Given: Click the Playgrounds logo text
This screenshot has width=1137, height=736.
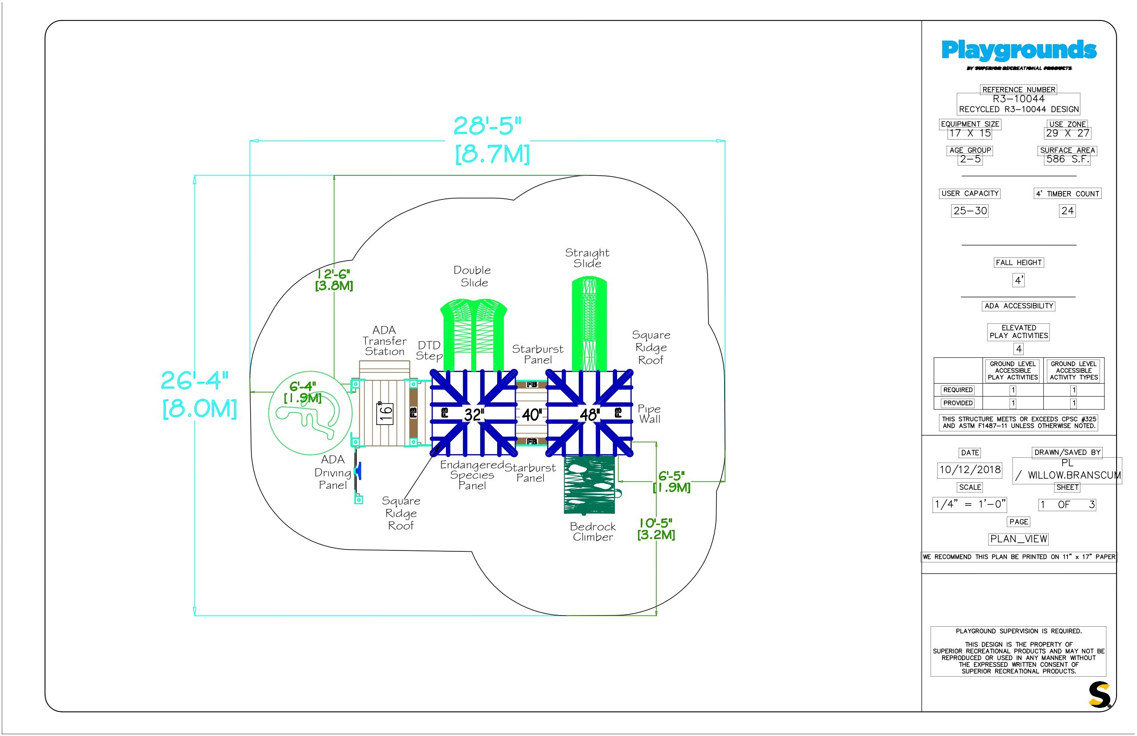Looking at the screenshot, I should pos(1018,50).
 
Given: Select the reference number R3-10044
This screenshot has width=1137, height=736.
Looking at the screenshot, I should pos(1018,99).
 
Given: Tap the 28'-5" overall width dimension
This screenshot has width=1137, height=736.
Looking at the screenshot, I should pos(487,126).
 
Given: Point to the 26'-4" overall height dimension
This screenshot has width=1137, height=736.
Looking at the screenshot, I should pos(194,381).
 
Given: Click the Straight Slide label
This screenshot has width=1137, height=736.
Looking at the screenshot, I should pos(587,258).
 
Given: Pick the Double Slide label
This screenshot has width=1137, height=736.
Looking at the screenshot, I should pos(473,276).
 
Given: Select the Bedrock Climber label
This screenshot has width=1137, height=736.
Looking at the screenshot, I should pos(593,531).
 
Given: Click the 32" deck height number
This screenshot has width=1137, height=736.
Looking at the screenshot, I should pos(474,414).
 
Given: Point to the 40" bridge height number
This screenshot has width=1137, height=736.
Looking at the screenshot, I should pos(531,414).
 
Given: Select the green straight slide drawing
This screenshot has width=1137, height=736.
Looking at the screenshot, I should pos(589,325).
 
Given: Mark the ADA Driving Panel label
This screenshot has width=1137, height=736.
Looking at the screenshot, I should pos(333,472).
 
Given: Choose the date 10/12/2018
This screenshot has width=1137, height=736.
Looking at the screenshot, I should pos(970,469).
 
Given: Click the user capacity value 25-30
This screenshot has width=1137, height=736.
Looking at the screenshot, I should pos(970,211).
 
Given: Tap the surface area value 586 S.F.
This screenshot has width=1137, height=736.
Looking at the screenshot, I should pos(1068,159).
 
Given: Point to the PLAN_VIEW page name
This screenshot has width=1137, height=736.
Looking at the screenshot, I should pos(1018,539).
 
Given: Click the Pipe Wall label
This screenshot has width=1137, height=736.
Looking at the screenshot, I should pos(649,414).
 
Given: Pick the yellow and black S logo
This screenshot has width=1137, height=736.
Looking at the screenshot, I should pos(1099,695).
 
